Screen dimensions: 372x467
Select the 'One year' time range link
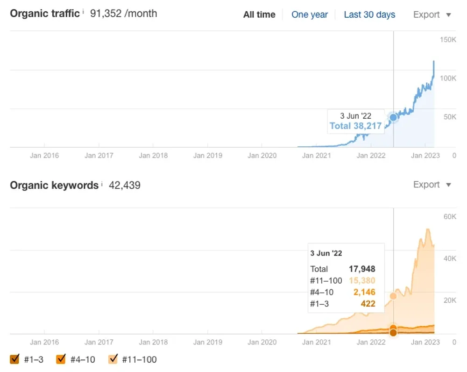click(x=310, y=14)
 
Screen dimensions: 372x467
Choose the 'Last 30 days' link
click(x=369, y=14)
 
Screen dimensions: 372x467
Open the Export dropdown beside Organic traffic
click(x=432, y=14)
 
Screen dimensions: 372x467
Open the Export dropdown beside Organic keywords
click(x=432, y=185)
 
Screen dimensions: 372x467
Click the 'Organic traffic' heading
click(x=45, y=14)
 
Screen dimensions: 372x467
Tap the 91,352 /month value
click(x=123, y=14)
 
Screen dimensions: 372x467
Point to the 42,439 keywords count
click(x=125, y=185)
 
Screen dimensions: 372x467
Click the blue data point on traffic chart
click(x=393, y=117)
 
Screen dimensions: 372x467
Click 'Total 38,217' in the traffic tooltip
click(x=355, y=126)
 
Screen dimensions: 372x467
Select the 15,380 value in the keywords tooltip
click(x=362, y=281)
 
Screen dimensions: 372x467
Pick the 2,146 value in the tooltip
click(x=364, y=292)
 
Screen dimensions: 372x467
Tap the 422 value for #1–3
click(x=368, y=304)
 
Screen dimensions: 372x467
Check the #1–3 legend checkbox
click(x=14, y=359)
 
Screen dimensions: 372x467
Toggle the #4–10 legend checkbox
click(x=61, y=359)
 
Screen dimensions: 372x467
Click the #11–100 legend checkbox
click(x=113, y=359)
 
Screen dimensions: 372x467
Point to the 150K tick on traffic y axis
click(x=448, y=40)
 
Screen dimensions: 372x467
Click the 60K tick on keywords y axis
click(x=449, y=216)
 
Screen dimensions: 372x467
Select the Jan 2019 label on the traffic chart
click(x=208, y=156)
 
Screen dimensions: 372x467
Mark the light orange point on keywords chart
click(x=393, y=296)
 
